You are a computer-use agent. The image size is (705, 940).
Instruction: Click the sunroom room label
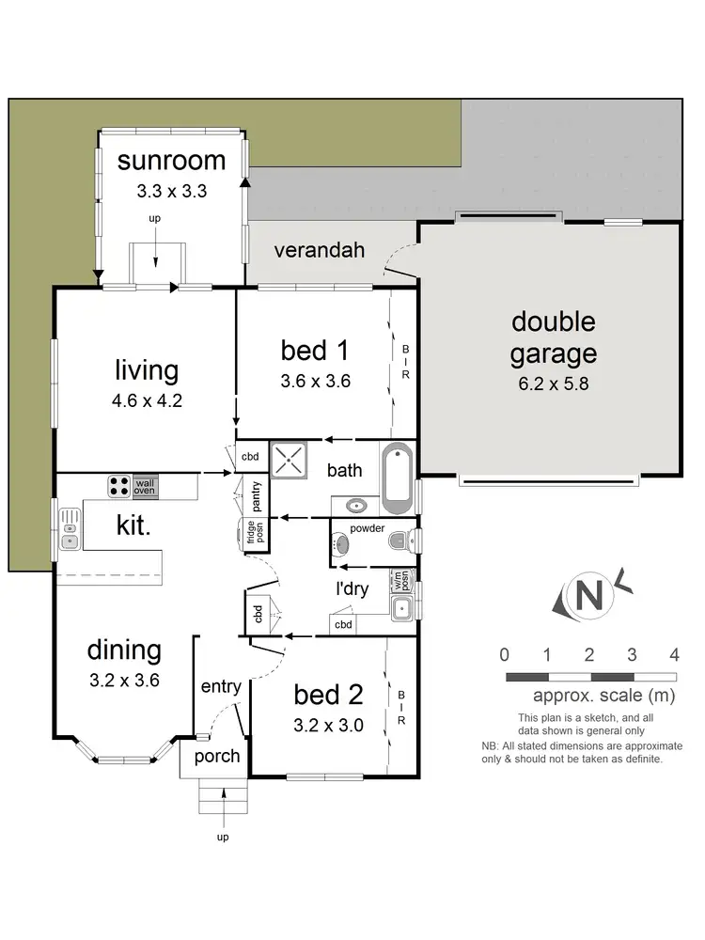(171, 160)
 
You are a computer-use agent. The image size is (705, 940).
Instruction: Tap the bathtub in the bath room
(398, 478)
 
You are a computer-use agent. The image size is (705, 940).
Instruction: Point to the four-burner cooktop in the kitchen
(119, 485)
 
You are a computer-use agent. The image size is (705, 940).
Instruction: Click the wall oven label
(145, 485)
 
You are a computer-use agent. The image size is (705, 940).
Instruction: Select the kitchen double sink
(70, 527)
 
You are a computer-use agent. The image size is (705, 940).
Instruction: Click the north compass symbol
(588, 595)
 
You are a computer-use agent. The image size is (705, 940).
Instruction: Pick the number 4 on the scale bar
(674, 654)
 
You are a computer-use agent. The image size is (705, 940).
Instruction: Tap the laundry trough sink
(403, 606)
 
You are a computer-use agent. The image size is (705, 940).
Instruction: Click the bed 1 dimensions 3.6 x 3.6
(315, 382)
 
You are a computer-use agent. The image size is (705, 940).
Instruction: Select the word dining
(124, 650)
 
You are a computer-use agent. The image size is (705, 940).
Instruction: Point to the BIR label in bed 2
(401, 709)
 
